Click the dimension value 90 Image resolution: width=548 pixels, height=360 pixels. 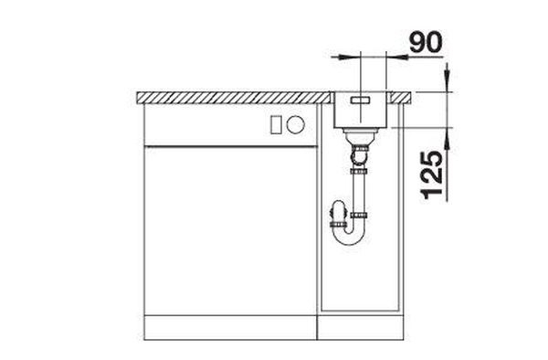tap(426, 42)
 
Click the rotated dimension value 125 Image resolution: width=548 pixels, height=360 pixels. tap(432, 175)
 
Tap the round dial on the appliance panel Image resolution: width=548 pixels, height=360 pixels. tap(296, 124)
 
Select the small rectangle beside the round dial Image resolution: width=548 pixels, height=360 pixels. tap(276, 125)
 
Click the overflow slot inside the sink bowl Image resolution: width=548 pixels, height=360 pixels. tap(360, 101)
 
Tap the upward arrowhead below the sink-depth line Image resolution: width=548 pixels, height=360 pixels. tap(448, 143)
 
